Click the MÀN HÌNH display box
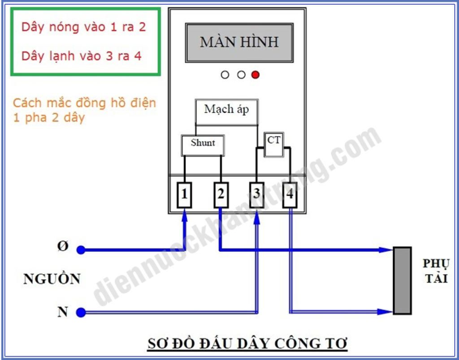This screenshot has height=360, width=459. tap(239, 43)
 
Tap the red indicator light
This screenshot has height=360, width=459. tap(255, 75)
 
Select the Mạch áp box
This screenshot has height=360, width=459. tap(227, 112)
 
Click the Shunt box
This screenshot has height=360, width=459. tap(203, 145)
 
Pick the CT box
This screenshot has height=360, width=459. tap(274, 145)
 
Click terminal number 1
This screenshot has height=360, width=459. tap(184, 195)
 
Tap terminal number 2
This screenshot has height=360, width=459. tap(221, 195)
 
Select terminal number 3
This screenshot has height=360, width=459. tap(257, 195)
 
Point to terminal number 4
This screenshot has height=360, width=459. tap(290, 195)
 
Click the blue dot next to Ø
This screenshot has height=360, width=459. tap(81, 250)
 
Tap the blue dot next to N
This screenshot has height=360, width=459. tap(81, 313)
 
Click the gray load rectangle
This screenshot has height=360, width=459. tap(402, 280)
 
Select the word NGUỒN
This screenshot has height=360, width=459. tap(52, 279)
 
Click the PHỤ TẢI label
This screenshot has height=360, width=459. tap(436, 271)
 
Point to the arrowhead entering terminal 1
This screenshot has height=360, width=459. tap(184, 216)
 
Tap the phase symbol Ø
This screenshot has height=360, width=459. tap(62, 247)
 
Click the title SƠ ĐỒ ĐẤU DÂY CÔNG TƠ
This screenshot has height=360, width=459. tap(247, 343)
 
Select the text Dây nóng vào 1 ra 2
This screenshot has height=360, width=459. tap(83, 27)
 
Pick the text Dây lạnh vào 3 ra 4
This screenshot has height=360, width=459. tap(82, 56)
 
